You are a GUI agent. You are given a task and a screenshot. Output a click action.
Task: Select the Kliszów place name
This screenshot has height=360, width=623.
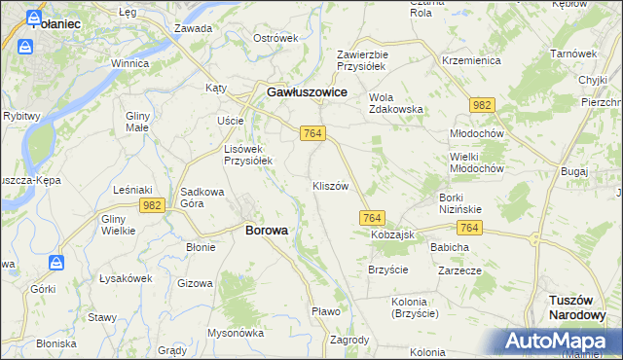click(x=330, y=186)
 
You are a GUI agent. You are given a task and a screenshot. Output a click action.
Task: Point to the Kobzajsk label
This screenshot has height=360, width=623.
click(x=392, y=235)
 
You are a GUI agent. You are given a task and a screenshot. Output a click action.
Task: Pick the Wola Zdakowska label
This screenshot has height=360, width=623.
click(x=396, y=103)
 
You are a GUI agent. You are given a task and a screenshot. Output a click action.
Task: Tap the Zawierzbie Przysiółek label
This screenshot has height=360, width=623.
click(x=362, y=61)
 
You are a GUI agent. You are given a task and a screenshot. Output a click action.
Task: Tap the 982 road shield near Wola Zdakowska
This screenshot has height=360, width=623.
click(x=480, y=104)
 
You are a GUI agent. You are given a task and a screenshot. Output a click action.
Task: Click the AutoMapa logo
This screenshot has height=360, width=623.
click(x=557, y=341)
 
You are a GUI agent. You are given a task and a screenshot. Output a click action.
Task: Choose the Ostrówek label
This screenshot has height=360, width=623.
click(x=275, y=38)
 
